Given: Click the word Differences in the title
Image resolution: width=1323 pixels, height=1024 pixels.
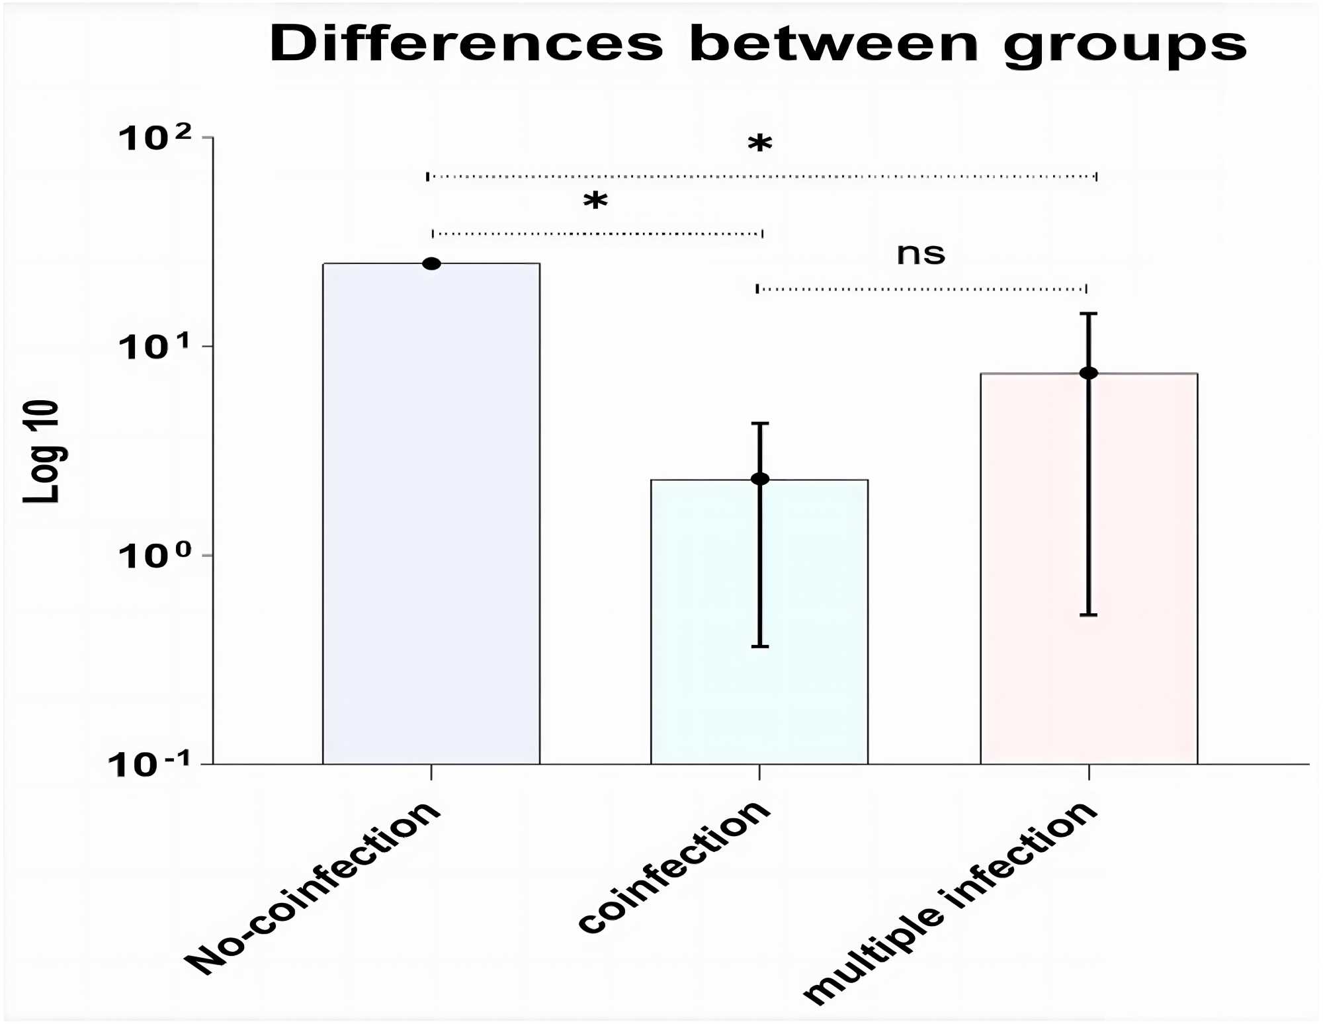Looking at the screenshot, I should pyautogui.click(x=466, y=44).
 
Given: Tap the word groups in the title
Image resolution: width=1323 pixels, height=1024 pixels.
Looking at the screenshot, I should pyautogui.click(x=1125, y=46).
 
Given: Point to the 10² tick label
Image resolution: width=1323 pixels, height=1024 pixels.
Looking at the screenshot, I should pyautogui.click(x=155, y=138).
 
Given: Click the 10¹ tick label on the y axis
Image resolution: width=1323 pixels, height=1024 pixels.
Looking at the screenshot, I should pyautogui.click(x=155, y=346).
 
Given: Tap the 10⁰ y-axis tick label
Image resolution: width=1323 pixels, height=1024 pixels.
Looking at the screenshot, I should pyautogui.click(x=155, y=555).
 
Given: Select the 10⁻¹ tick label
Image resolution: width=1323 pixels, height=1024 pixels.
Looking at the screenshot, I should pyautogui.click(x=149, y=764).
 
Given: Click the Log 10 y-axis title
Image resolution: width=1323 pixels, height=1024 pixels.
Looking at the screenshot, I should pyautogui.click(x=41, y=451).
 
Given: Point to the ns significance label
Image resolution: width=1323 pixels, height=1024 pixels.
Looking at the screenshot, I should pyautogui.click(x=921, y=254).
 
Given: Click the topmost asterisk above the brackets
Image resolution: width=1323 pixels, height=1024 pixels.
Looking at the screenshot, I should pyautogui.click(x=760, y=144).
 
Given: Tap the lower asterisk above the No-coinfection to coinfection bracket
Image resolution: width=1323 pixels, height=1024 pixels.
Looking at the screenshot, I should pyautogui.click(x=595, y=200).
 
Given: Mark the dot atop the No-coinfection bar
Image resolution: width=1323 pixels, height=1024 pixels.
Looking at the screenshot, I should pyautogui.click(x=431, y=264).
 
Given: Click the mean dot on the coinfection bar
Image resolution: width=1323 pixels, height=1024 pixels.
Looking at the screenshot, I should pyautogui.click(x=760, y=479).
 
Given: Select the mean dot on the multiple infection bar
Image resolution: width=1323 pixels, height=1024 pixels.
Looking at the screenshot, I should pyautogui.click(x=1089, y=373).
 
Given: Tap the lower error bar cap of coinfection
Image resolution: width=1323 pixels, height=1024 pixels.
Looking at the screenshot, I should pyautogui.click(x=760, y=646).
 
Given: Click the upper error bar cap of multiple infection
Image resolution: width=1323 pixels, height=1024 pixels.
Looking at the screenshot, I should pyautogui.click(x=1089, y=314).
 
